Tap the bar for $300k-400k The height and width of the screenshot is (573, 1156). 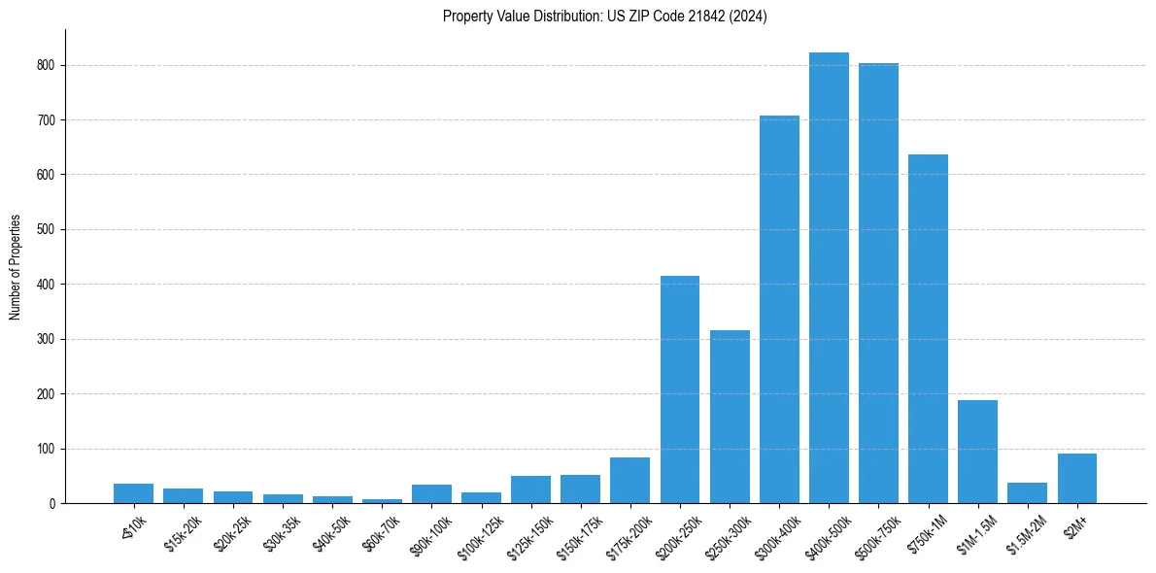coord(779,310)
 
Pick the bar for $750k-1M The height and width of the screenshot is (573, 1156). coord(928,329)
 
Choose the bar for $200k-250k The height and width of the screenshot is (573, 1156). coord(680,389)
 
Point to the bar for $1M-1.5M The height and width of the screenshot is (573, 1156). coord(977,452)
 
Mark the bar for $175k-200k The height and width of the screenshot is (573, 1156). coord(629,481)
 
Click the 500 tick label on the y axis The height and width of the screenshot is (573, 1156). coord(49,230)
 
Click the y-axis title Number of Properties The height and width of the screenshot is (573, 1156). coord(15,266)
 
